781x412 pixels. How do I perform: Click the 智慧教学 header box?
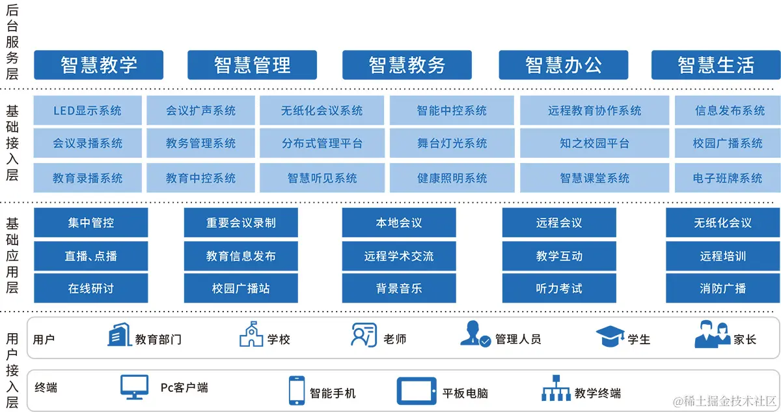tap(99, 65)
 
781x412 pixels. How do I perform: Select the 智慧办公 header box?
tap(564, 65)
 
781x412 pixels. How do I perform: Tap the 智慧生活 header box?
tap(716, 65)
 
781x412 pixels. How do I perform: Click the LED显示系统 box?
tap(87, 111)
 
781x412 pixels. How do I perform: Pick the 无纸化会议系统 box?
tap(322, 111)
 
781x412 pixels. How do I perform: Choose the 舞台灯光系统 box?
tap(452, 143)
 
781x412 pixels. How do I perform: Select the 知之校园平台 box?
tap(594, 143)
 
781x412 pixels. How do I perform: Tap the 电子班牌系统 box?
tap(727, 178)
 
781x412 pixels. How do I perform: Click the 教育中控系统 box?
tap(200, 178)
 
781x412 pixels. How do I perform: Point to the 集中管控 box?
tap(90, 223)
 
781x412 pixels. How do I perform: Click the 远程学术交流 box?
tap(398, 256)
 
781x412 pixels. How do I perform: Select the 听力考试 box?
tap(558, 288)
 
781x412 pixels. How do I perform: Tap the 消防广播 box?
tap(722, 288)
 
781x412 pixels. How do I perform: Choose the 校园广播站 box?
tap(241, 288)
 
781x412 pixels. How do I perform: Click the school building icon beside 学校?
tap(251, 336)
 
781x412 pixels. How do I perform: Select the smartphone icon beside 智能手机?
tap(297, 390)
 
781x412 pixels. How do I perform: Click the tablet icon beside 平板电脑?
tap(417, 391)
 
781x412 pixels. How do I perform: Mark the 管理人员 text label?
tap(518, 339)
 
